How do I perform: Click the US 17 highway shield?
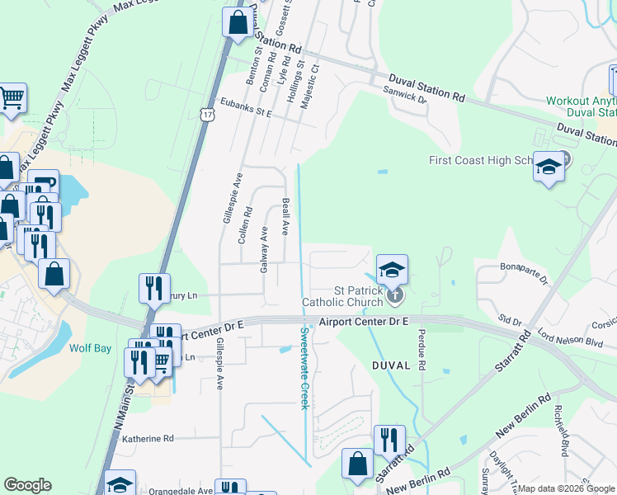pos(207,111)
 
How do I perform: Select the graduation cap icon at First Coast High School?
pos(549,167)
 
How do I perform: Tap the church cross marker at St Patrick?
pos(396,293)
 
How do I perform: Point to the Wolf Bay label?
pos(91,348)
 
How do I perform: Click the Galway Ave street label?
pos(265,250)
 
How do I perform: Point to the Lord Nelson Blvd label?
pos(570,336)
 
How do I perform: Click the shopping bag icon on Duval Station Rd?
pos(238,24)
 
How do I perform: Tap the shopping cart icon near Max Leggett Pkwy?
pos(12,99)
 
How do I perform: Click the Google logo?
pos(27,485)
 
